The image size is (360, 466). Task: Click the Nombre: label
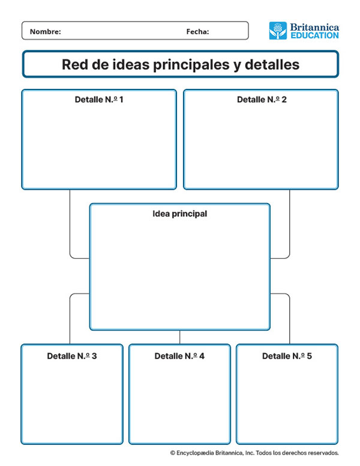46,32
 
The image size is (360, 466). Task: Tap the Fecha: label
197,32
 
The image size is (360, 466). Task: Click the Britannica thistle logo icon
278,31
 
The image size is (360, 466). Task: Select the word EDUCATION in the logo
314,35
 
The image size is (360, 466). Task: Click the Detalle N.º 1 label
99,99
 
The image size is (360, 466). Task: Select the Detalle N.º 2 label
262,99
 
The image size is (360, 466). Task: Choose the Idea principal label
180,213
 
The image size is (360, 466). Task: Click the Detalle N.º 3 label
72,356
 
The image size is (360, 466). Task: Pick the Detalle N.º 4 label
179,356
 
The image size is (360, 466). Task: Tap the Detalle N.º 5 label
287,356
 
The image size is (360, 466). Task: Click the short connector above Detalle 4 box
180,337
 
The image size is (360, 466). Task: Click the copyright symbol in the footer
172,453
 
